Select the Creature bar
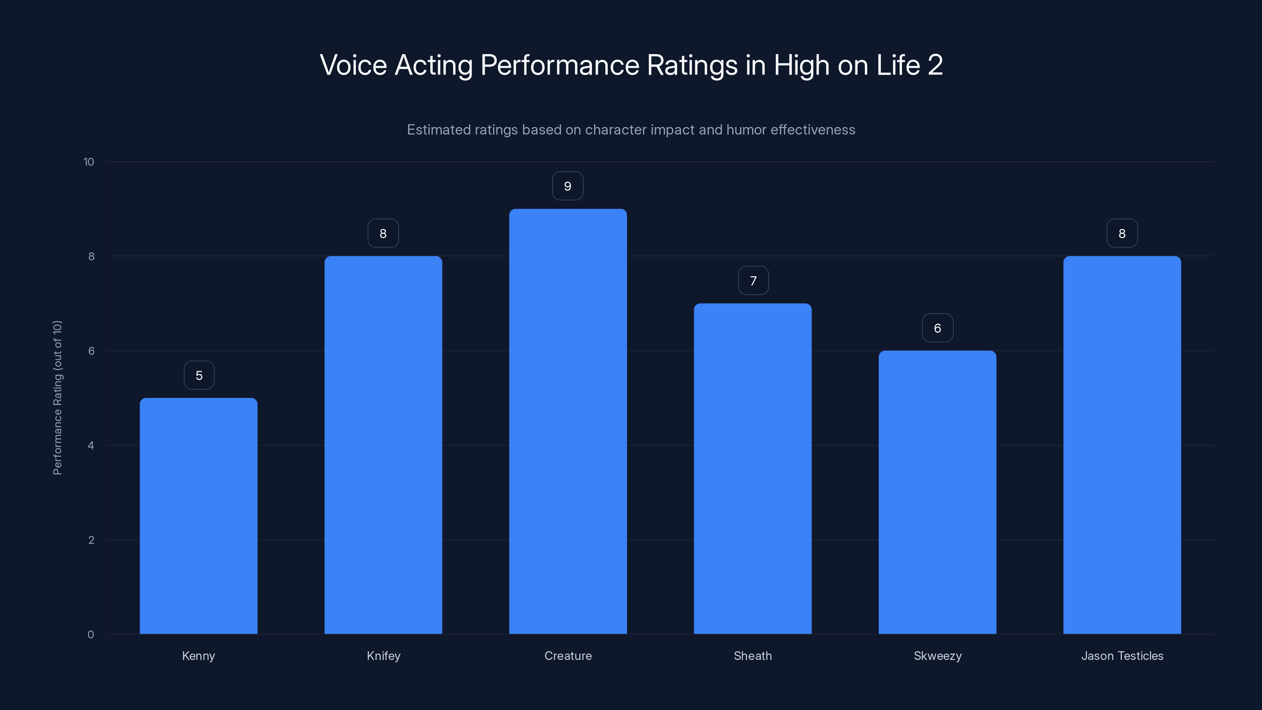click(x=568, y=421)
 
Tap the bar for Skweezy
click(x=937, y=492)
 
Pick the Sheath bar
click(x=752, y=469)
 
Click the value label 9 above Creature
click(x=568, y=186)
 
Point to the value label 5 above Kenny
click(x=199, y=376)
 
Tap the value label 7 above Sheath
click(x=753, y=281)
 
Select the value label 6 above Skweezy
click(x=937, y=328)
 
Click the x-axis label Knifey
click(x=384, y=656)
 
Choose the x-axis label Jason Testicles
click(x=1122, y=656)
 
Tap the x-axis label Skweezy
click(x=937, y=656)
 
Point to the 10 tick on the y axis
click(x=89, y=162)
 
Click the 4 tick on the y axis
click(x=91, y=445)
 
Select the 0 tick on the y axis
click(x=91, y=635)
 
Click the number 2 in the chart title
click(x=935, y=65)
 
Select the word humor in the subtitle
click(x=747, y=129)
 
